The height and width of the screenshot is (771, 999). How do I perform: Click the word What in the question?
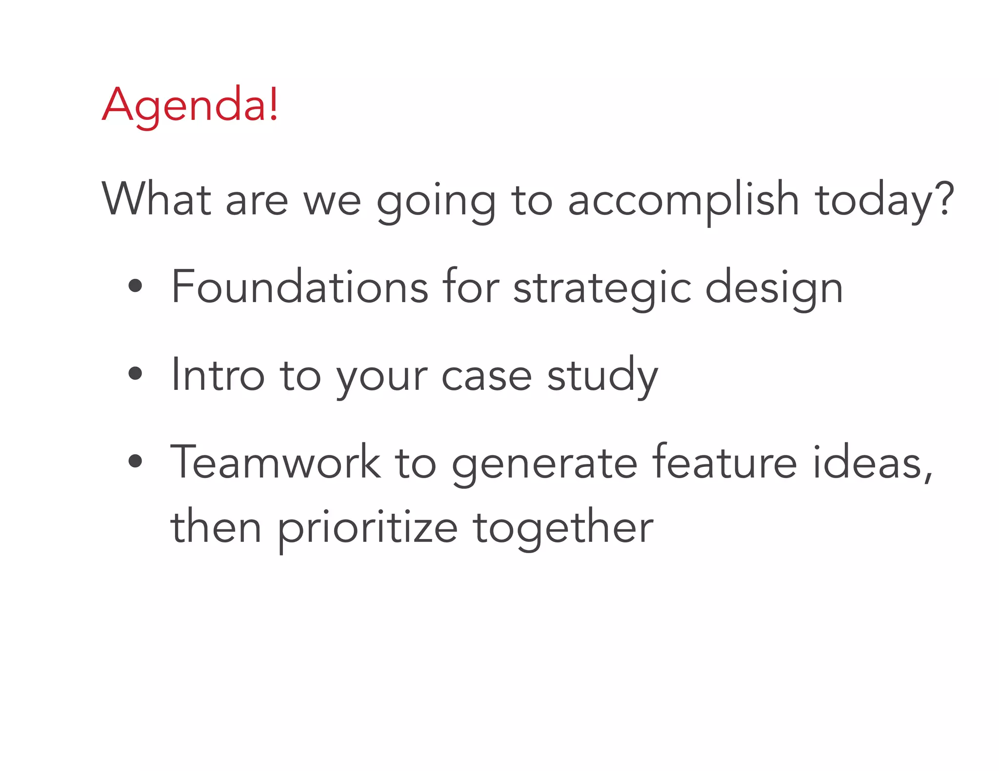coord(156,199)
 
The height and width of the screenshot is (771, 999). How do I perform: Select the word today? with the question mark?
coord(884,200)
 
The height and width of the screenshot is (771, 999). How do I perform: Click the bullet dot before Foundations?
coord(135,287)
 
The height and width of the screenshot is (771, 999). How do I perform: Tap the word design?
coord(774,289)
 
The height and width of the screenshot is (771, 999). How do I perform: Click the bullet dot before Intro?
coord(135,374)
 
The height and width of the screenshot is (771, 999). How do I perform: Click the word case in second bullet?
coord(486,376)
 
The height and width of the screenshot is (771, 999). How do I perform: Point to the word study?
coord(602,376)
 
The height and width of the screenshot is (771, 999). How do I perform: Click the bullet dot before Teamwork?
coord(135,461)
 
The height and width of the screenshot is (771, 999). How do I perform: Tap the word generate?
coord(544,464)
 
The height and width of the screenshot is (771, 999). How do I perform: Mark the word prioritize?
coord(368,529)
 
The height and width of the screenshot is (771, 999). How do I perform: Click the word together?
coord(563,529)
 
